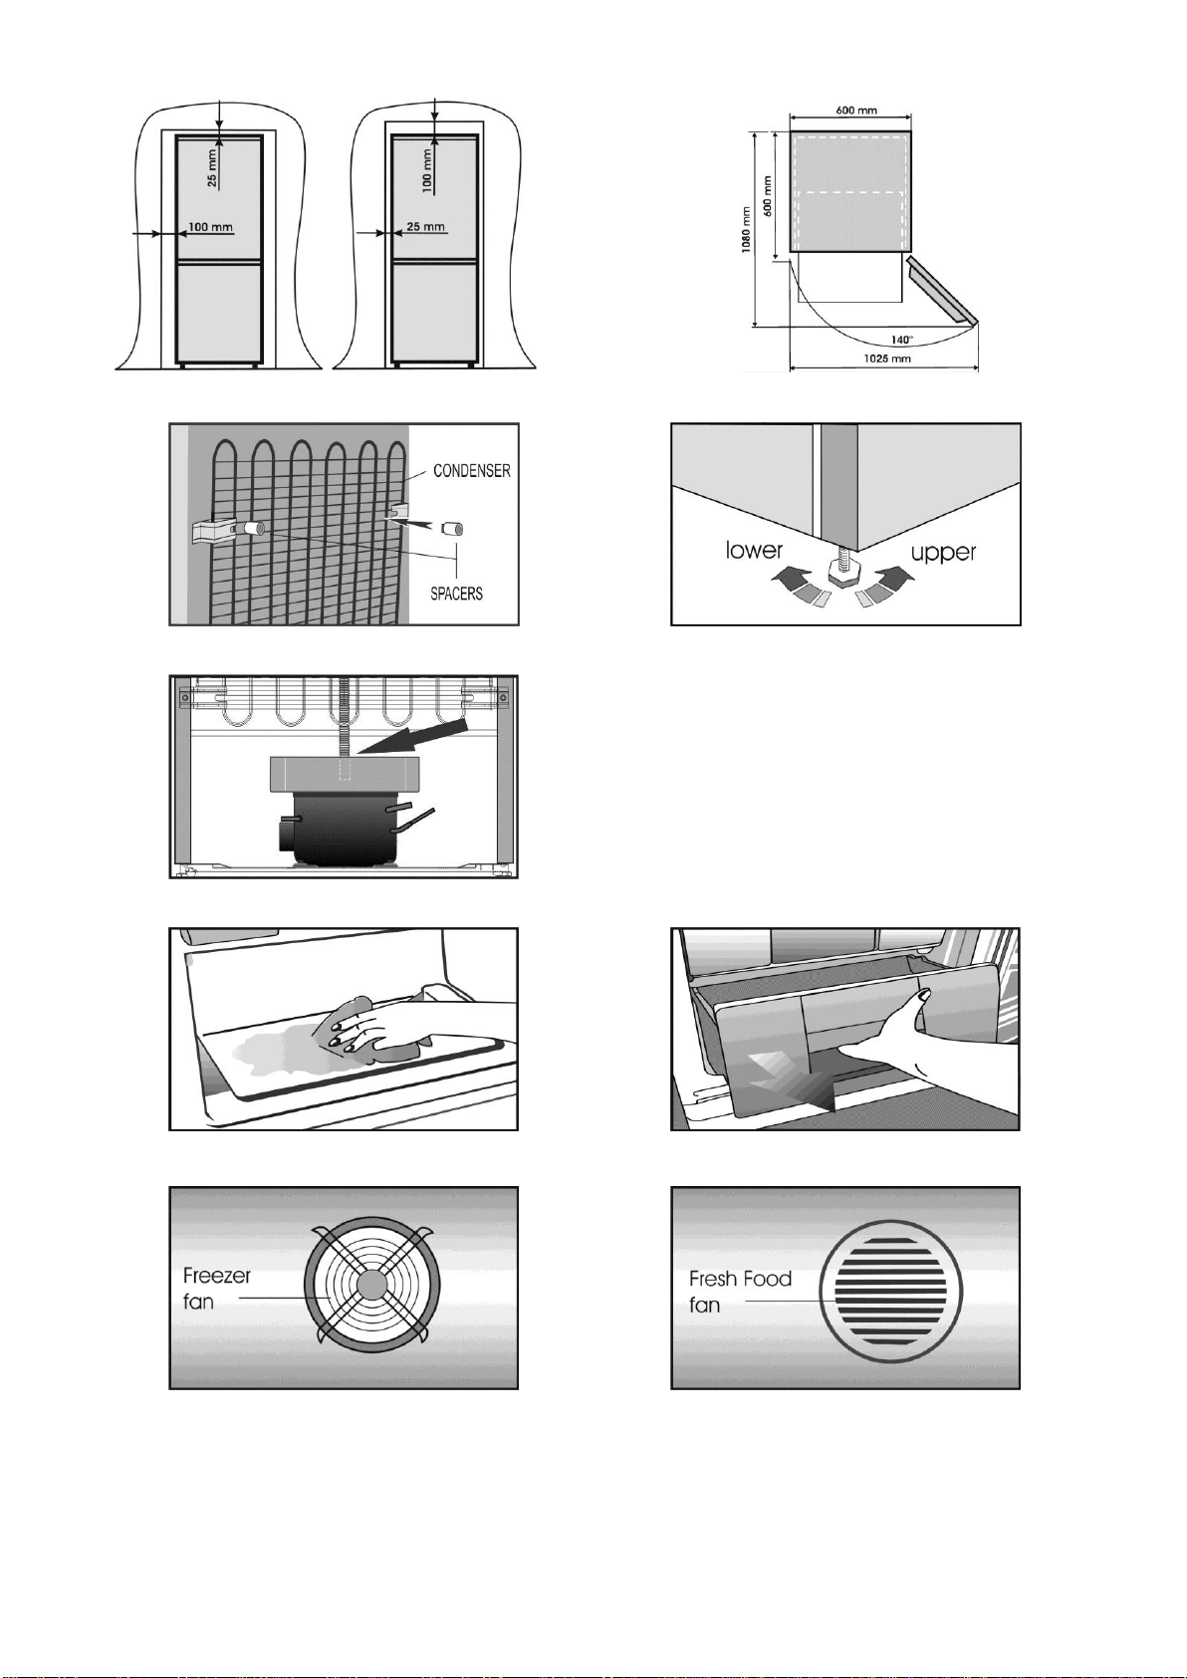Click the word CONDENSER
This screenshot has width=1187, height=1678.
pyautogui.click(x=472, y=470)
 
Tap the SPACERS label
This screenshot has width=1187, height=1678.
pyautogui.click(x=456, y=595)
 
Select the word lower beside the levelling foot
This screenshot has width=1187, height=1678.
pyautogui.click(x=754, y=551)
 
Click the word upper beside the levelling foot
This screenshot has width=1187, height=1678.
pyautogui.click(x=943, y=554)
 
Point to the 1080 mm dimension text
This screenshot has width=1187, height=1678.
pyautogui.click(x=747, y=230)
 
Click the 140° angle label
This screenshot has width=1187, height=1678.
pyautogui.click(x=901, y=340)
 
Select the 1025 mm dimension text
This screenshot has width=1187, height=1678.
pyautogui.click(x=886, y=359)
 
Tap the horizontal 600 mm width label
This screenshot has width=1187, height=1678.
pyautogui.click(x=856, y=111)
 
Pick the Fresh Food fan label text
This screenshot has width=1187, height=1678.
pyautogui.click(x=740, y=1292)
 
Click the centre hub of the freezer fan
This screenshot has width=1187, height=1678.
pyautogui.click(x=369, y=1286)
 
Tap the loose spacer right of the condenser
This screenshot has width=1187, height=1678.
pyautogui.click(x=453, y=530)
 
